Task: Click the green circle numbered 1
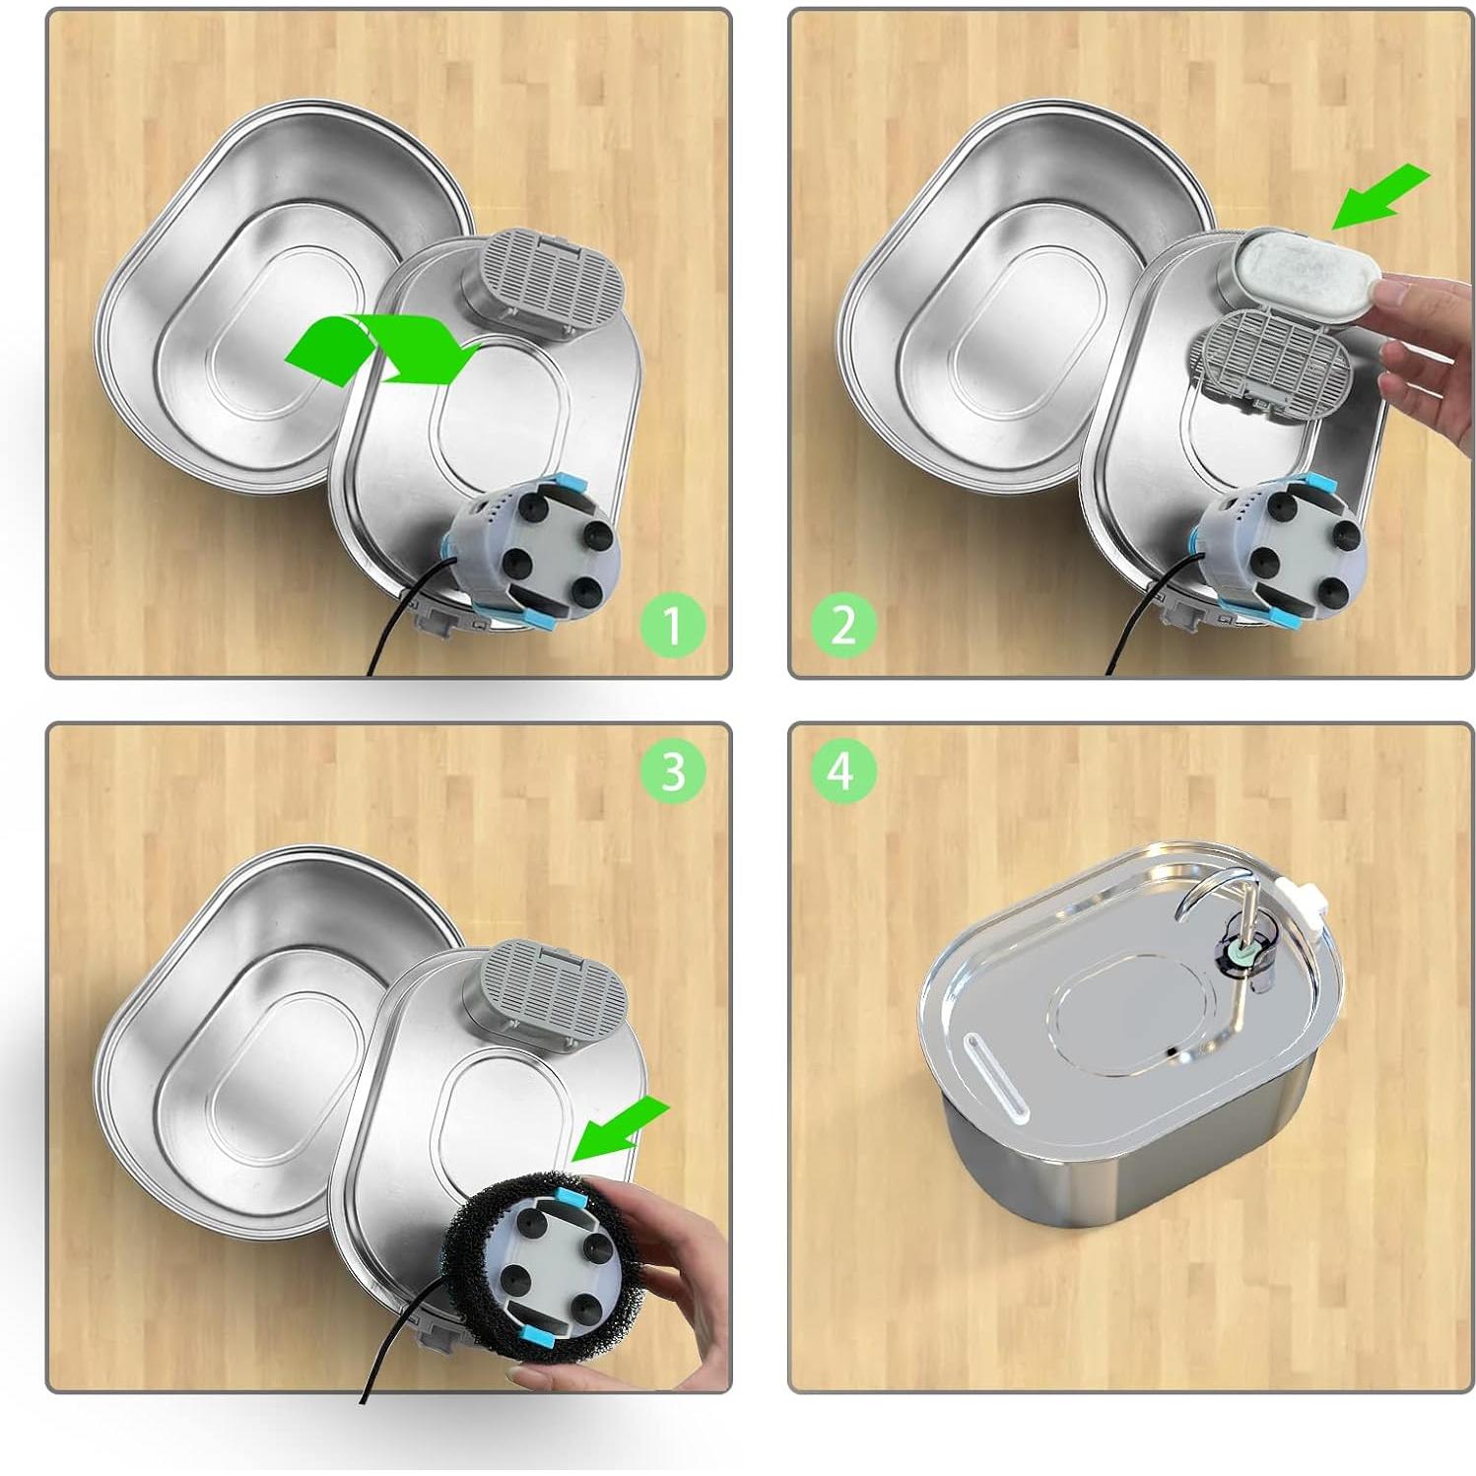tap(672, 625)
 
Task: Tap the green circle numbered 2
tap(843, 625)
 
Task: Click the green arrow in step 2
tap(1378, 196)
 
